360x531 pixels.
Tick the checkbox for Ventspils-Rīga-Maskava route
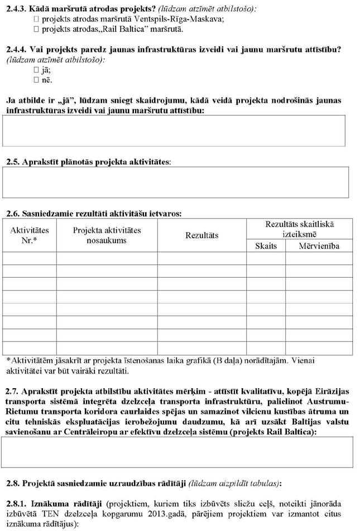click(x=37, y=18)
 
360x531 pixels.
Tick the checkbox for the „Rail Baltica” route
click(x=37, y=28)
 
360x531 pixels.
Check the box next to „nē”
click(x=37, y=80)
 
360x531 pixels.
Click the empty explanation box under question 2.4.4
click(x=182, y=131)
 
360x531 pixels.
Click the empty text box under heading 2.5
click(x=182, y=182)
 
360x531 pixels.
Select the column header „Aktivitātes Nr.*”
click(x=30, y=235)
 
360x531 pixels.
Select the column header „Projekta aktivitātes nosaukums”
click(x=107, y=235)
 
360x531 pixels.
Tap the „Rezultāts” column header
click(x=201, y=235)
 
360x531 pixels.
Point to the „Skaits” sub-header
click(x=266, y=246)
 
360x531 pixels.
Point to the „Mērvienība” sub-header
click(x=319, y=246)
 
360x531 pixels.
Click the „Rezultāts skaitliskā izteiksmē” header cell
click(x=300, y=228)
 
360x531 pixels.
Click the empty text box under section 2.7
click(x=182, y=452)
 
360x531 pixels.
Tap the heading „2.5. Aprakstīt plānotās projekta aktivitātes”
click(x=88, y=161)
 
